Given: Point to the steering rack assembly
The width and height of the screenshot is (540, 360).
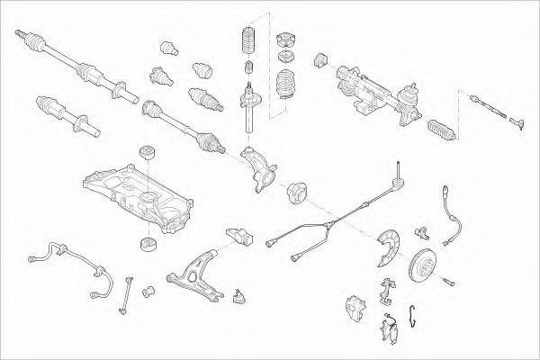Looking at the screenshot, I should [x=378, y=90].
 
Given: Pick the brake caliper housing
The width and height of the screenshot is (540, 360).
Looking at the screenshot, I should [x=355, y=305].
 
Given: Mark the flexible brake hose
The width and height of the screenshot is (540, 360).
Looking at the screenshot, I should [x=450, y=216].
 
